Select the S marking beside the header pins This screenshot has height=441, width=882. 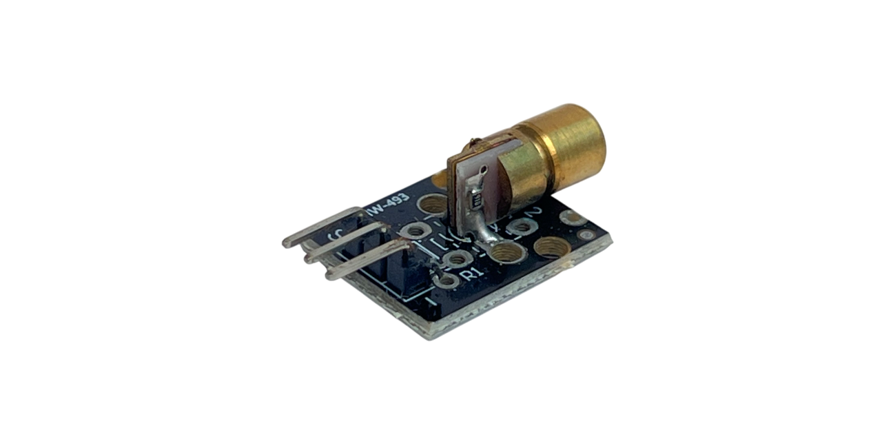point(338,236)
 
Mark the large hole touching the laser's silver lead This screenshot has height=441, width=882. point(508,252)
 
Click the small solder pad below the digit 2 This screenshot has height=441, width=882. point(522,226)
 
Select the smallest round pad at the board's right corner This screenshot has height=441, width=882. point(586,235)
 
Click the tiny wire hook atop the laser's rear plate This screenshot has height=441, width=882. point(472,143)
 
